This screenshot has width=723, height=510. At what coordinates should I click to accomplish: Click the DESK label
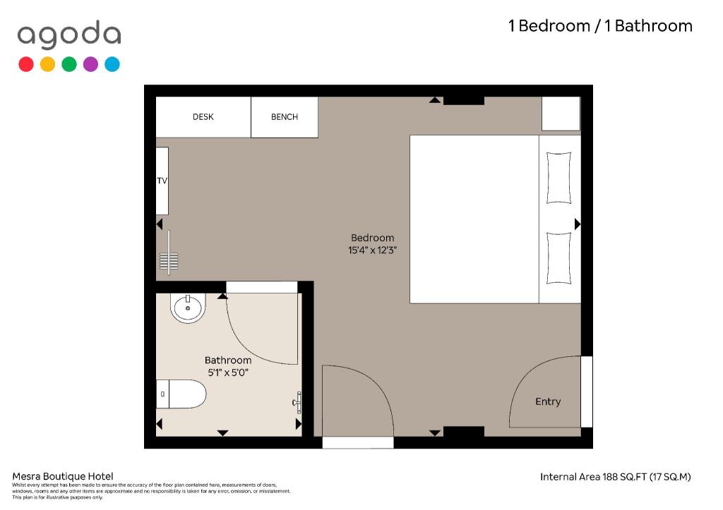(x=203, y=117)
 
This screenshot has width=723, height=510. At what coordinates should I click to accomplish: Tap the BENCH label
(x=285, y=117)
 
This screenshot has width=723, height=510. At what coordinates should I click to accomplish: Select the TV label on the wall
(x=162, y=181)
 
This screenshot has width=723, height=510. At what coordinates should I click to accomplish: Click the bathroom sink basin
(x=188, y=308)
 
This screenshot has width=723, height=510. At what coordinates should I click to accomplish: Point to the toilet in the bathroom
(x=181, y=394)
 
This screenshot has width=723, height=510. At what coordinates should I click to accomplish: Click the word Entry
(x=548, y=402)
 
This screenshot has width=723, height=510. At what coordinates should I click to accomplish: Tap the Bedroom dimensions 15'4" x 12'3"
(x=373, y=250)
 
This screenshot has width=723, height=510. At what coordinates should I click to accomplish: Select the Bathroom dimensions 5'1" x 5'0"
(x=228, y=372)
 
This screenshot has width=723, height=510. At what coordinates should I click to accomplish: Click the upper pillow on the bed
(x=559, y=178)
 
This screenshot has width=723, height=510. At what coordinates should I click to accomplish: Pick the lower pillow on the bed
(x=559, y=258)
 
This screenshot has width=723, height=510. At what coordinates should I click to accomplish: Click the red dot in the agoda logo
(x=26, y=64)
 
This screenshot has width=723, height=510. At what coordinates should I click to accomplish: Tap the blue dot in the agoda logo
(x=112, y=64)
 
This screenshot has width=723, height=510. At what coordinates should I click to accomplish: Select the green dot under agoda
(x=69, y=64)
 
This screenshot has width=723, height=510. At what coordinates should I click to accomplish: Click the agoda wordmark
(x=69, y=35)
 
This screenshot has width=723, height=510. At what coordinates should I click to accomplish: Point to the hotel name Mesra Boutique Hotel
(x=63, y=476)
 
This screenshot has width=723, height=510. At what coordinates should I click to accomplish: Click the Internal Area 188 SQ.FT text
(x=616, y=477)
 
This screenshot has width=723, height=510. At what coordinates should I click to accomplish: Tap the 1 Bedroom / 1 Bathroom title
(x=600, y=26)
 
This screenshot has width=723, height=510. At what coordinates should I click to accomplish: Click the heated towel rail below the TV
(x=169, y=253)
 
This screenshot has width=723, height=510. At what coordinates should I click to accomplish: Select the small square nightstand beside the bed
(x=561, y=114)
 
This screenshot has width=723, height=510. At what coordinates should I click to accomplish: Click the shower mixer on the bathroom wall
(x=297, y=403)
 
